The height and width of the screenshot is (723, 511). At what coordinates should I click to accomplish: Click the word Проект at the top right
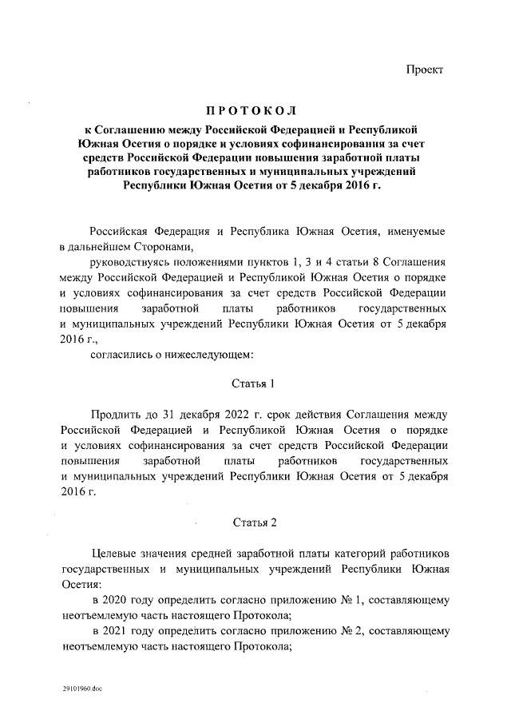[x=425, y=70]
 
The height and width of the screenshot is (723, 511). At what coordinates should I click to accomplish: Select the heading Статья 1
[x=253, y=383]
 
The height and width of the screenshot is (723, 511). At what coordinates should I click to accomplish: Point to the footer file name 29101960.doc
[x=82, y=688]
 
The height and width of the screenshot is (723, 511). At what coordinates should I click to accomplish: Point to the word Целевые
[x=116, y=554]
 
